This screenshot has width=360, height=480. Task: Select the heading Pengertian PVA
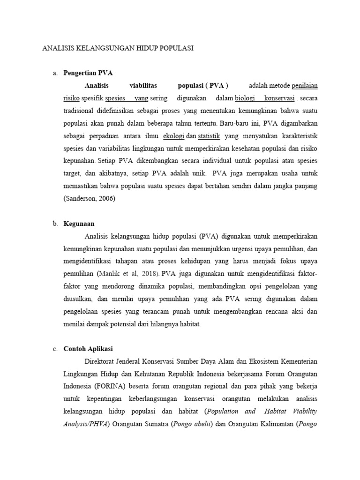pos(88,74)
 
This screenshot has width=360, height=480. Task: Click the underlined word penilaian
pos(304,86)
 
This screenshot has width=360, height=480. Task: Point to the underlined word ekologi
pos(174,136)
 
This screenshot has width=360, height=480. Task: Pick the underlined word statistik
pos(209,136)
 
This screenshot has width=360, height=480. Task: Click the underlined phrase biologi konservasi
pos(265,99)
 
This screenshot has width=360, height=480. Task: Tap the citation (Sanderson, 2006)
pos(89,199)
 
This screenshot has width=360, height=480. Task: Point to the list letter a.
pos(54,74)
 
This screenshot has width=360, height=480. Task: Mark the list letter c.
pos(54,349)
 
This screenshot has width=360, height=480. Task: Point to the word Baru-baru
pos(234,124)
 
